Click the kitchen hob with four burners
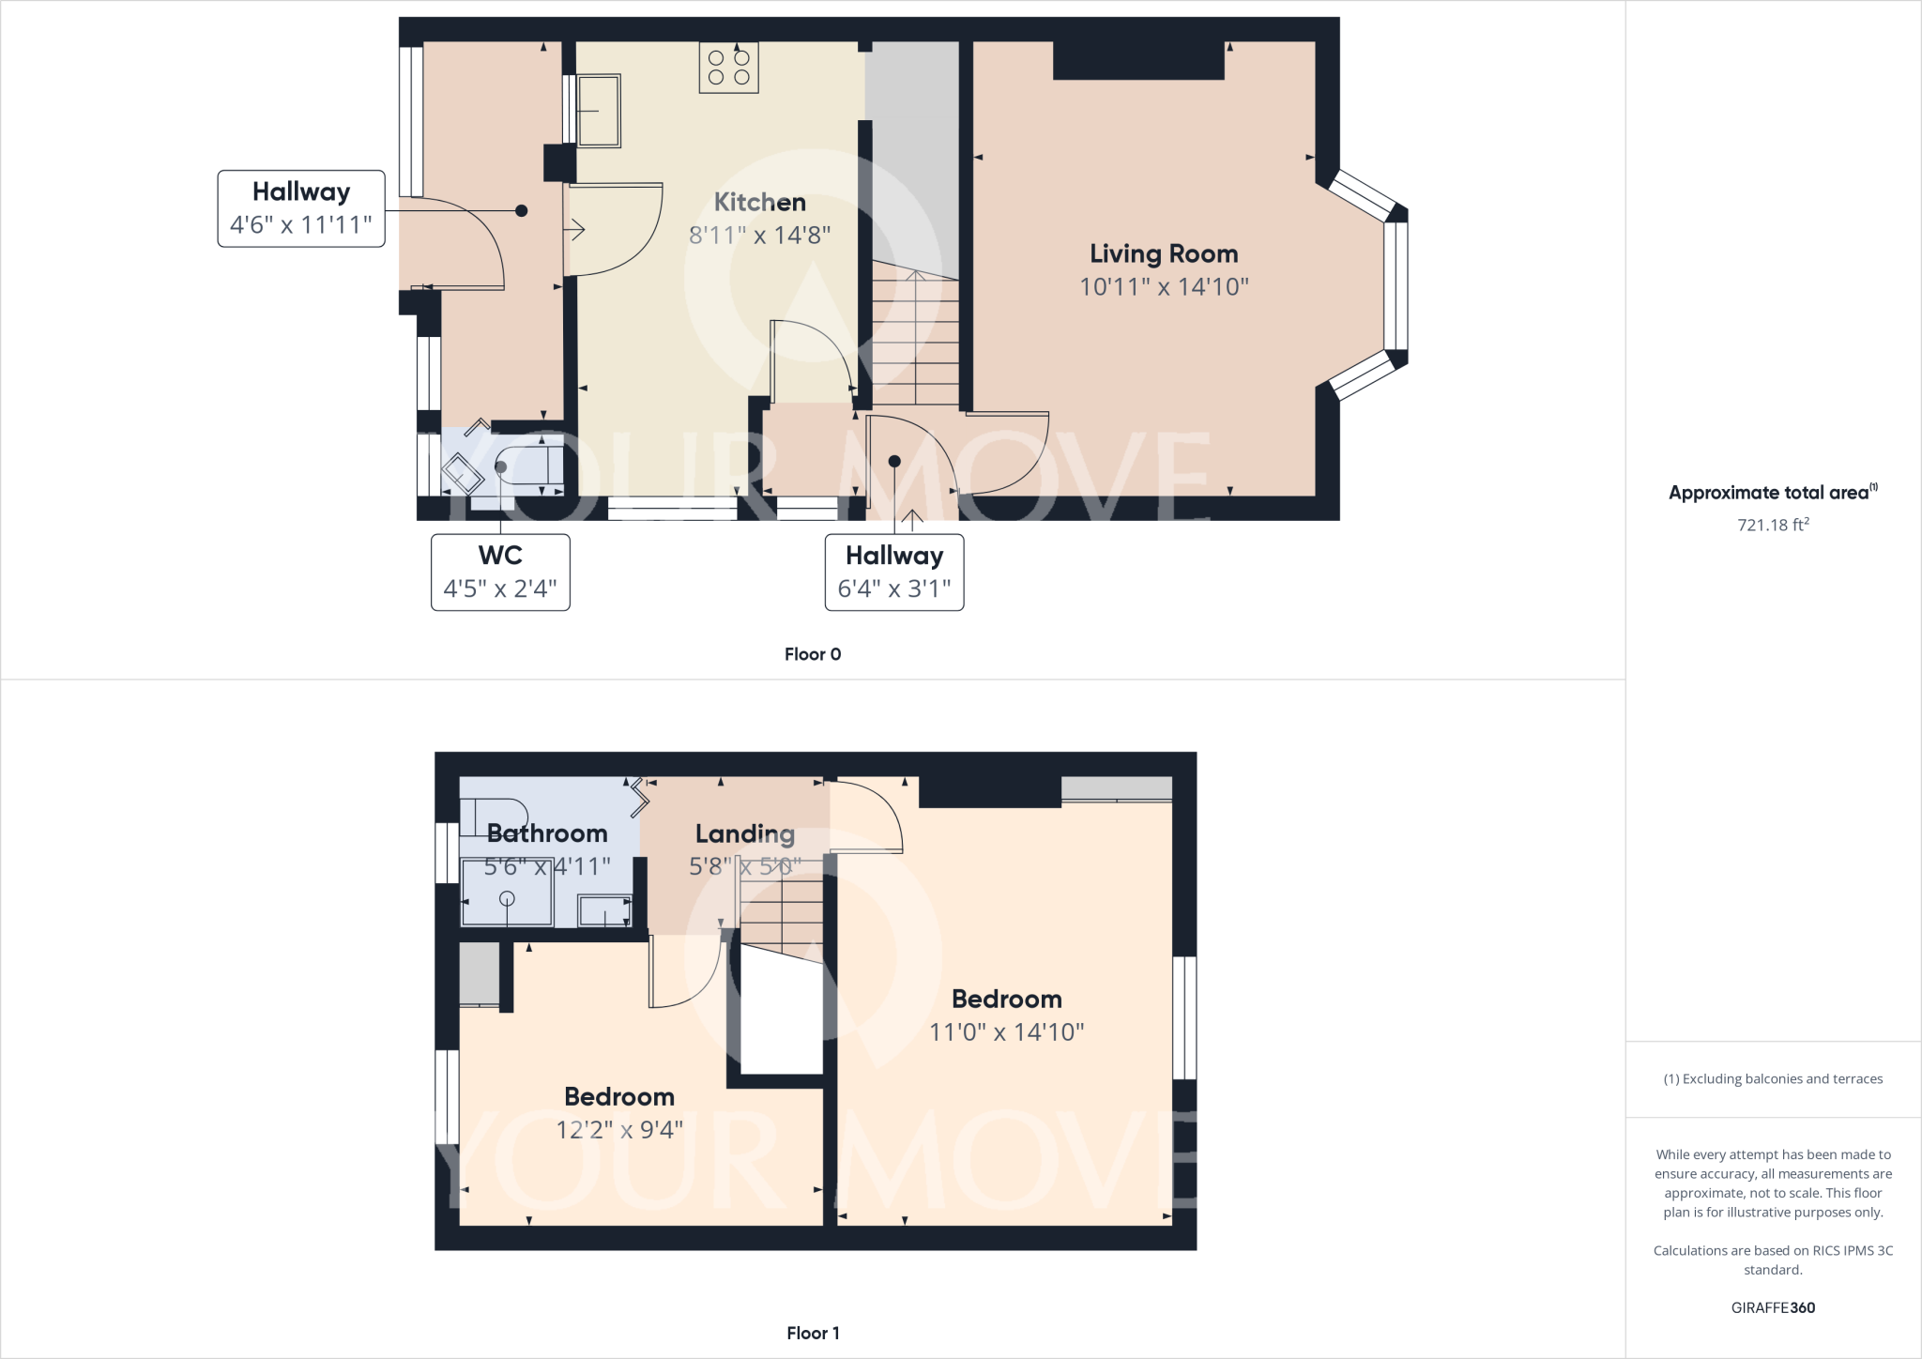[728, 68]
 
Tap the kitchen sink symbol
[598, 111]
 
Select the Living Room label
[1164, 254]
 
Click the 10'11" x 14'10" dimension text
[1164, 287]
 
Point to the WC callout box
[500, 572]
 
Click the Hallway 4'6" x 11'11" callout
[301, 208]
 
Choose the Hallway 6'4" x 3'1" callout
[894, 572]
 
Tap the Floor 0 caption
[813, 654]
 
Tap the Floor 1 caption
[813, 1333]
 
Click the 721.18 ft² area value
[1773, 525]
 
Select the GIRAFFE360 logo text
[1773, 1307]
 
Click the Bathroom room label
[547, 833]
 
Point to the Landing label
[745, 833]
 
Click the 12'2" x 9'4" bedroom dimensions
[619, 1130]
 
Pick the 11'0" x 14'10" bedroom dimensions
[1006, 1032]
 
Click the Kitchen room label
[759, 203]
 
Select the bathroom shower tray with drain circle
[507, 893]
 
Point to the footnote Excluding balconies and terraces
[1773, 1079]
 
